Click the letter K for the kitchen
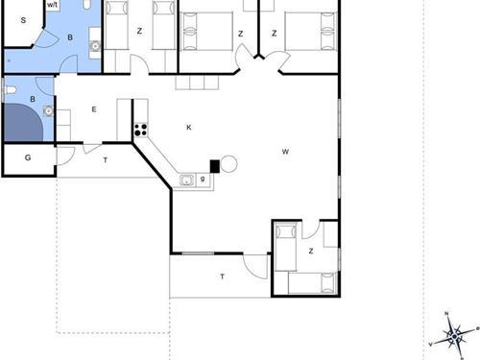189,128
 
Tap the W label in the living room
285,152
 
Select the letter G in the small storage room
28,157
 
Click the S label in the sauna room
23,20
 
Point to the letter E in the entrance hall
94,109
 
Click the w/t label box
52,6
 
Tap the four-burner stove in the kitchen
141,130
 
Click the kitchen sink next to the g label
187,180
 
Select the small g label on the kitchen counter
203,179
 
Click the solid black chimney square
215,166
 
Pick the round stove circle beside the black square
228,164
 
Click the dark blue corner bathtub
24,122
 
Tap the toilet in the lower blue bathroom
11,90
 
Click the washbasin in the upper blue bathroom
95,46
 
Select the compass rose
454,336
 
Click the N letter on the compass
446,313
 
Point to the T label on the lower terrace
222,276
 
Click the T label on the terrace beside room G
106,160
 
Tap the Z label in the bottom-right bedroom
311,252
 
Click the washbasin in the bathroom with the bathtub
49,110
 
